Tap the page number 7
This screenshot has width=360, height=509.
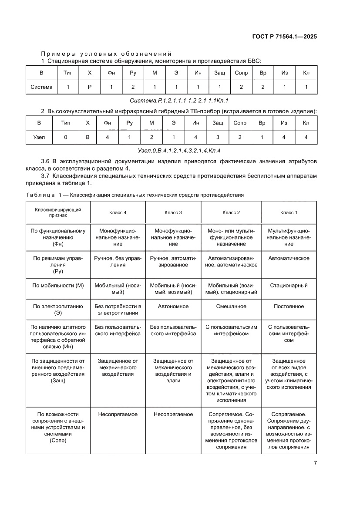click(315, 463)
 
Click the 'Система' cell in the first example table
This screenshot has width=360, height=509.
click(41, 87)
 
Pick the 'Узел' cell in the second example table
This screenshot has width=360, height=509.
click(39, 137)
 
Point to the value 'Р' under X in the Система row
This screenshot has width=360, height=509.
click(90, 87)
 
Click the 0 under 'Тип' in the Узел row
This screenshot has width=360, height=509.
click(65, 137)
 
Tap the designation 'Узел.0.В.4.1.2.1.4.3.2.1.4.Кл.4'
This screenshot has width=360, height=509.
click(179, 151)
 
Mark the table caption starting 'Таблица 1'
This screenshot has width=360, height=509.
click(135, 195)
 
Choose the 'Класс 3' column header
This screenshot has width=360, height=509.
click(173, 212)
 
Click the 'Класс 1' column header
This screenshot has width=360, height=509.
click(289, 212)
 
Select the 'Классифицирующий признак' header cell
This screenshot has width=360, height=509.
click(58, 212)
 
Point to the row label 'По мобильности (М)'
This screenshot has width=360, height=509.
click(58, 286)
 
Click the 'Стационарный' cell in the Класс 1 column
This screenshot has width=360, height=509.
click(289, 286)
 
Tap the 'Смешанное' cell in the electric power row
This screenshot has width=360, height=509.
click(231, 306)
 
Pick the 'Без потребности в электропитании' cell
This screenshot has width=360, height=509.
click(118, 309)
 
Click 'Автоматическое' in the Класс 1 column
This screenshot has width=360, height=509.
click(289, 258)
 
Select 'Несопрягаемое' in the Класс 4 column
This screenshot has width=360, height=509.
click(118, 414)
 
